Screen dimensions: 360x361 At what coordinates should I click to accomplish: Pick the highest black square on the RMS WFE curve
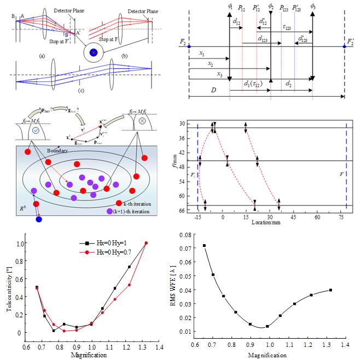[205, 246]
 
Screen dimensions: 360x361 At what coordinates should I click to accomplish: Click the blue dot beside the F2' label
[344, 47]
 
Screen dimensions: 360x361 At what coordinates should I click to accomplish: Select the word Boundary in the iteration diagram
[57, 150]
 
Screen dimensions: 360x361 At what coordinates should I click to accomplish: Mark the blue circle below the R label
[38, 220]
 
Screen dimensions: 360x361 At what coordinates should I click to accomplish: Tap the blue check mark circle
[36, 132]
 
